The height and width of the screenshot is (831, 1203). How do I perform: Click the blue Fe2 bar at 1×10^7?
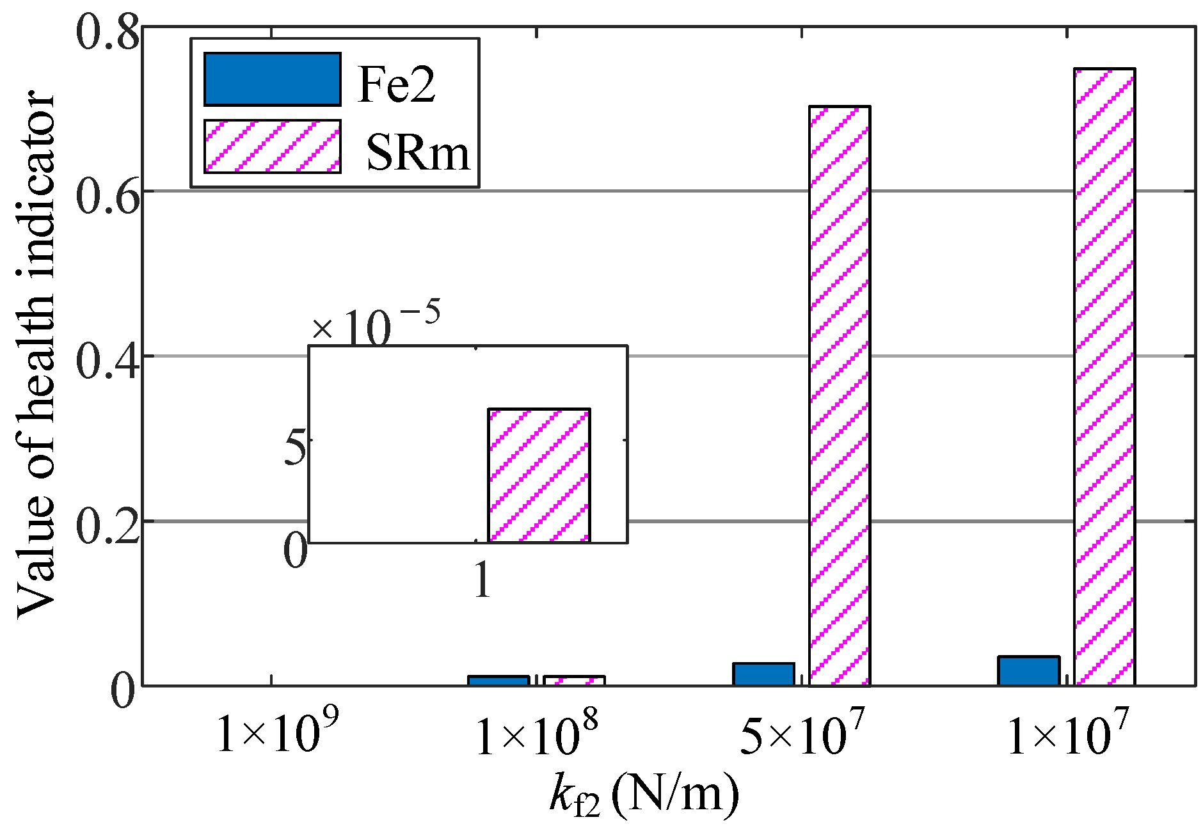tap(1028, 671)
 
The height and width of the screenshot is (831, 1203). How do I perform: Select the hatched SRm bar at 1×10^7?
tap(1104, 377)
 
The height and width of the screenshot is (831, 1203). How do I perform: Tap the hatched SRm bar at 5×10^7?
tap(840, 397)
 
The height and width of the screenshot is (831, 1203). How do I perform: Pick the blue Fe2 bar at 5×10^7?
tap(763, 674)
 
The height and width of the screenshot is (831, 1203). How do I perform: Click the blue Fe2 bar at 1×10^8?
tap(498, 681)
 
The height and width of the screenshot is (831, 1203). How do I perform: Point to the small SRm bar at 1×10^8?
tap(575, 681)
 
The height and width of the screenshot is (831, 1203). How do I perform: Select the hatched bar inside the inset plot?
tap(539, 475)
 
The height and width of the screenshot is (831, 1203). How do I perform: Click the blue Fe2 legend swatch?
tap(272, 79)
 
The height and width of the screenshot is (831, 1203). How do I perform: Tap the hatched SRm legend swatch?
tap(272, 146)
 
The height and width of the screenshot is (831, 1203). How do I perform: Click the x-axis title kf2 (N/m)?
tap(643, 800)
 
